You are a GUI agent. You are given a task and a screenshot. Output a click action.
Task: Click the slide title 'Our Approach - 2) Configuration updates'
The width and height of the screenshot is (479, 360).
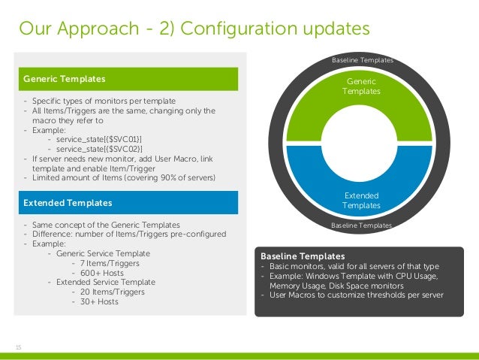(194, 29)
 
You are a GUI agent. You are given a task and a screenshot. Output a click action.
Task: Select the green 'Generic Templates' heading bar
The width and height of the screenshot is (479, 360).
(131, 78)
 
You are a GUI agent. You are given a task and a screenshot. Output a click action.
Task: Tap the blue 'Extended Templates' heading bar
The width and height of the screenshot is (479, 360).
(131, 203)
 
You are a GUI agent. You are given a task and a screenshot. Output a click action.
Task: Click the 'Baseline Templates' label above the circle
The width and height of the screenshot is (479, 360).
(362, 60)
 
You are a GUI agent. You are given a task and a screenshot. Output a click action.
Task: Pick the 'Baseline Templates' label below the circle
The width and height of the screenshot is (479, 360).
(362, 225)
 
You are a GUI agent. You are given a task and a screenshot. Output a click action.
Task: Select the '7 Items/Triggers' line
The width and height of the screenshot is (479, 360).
(104, 263)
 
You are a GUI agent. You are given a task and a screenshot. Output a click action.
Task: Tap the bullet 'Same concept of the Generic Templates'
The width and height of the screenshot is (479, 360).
(104, 225)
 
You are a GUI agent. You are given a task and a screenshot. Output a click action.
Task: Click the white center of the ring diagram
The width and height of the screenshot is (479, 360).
(361, 142)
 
